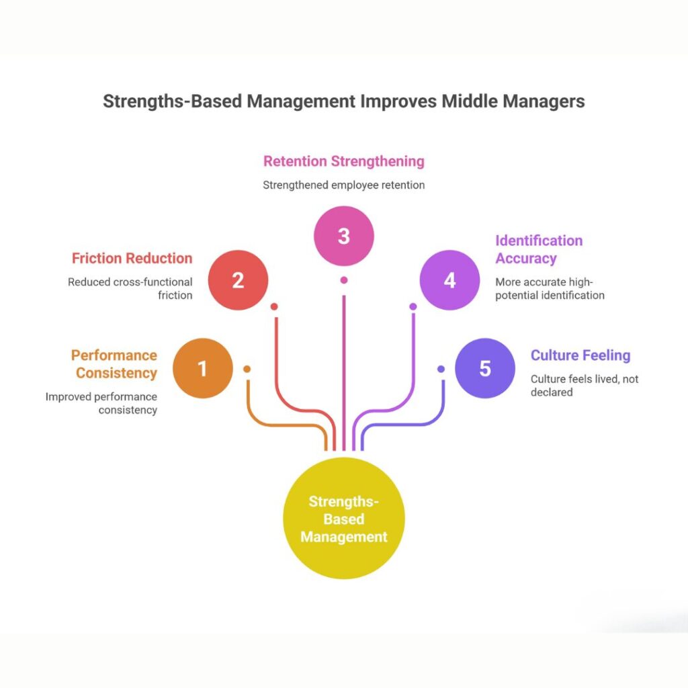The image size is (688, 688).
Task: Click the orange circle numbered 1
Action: (203, 369)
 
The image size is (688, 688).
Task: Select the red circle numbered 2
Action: (238, 281)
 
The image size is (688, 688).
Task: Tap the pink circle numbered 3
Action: (344, 236)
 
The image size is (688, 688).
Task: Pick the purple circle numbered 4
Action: (449, 281)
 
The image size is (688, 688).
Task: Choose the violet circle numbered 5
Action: (485, 369)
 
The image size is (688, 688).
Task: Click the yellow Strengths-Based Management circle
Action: (344, 519)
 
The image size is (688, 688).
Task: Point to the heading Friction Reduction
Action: (132, 258)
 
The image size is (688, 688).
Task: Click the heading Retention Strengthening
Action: (344, 161)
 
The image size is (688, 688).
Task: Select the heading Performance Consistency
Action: (114, 364)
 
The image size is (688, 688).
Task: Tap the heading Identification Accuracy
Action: (539, 249)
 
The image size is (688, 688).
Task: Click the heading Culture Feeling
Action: (580, 355)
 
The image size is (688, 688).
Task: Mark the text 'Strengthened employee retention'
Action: (344, 185)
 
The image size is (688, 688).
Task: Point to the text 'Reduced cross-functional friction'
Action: (130, 288)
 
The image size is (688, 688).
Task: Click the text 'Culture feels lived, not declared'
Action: (584, 385)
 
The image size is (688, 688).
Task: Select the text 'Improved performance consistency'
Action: (101, 403)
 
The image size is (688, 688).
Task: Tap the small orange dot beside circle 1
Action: (247, 369)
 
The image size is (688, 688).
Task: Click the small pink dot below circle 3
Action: (344, 279)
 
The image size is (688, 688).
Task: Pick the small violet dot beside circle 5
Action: (441, 369)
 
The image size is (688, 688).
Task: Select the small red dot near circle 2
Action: (274, 306)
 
